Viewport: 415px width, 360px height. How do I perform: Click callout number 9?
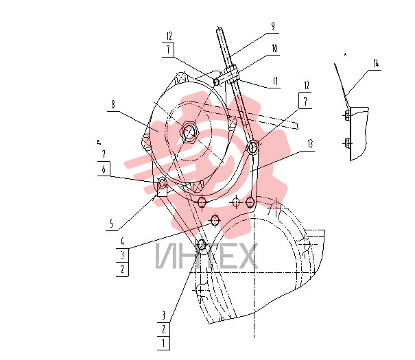(273, 26)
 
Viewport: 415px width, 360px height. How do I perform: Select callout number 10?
(274, 49)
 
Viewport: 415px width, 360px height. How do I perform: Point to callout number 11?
(275, 81)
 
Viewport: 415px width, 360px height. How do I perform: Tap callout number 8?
(113, 105)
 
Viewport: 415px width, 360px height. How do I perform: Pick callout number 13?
(310, 144)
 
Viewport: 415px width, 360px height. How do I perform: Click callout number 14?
(376, 63)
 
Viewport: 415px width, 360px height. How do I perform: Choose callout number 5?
(111, 224)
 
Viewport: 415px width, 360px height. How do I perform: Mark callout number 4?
(122, 241)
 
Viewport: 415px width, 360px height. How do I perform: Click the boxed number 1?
(163, 343)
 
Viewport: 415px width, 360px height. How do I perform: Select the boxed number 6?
(104, 169)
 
